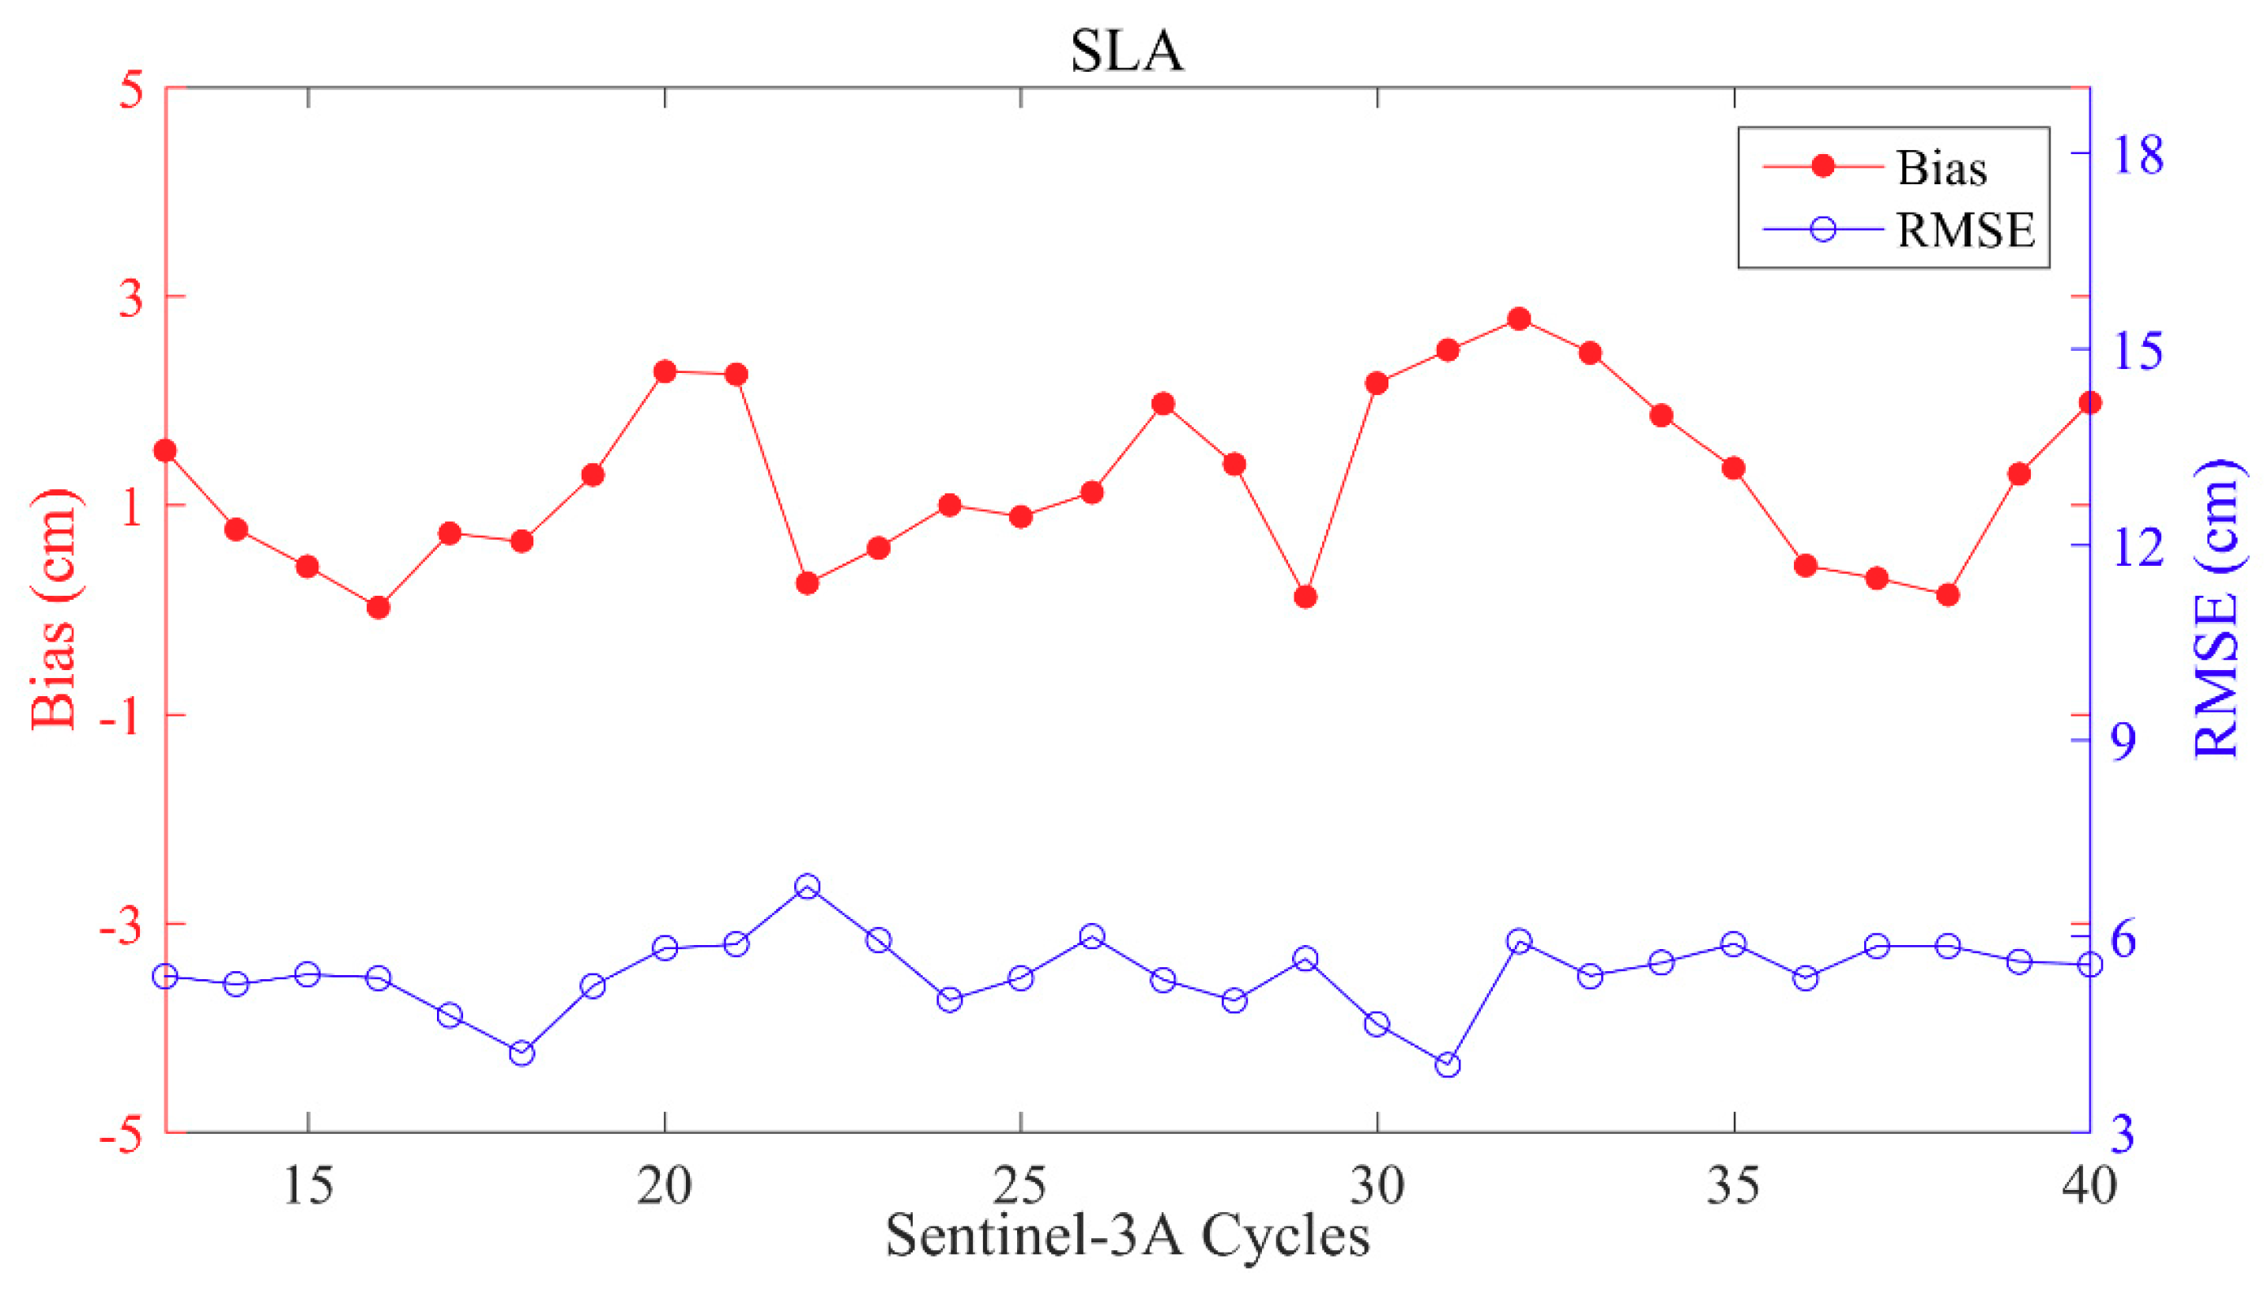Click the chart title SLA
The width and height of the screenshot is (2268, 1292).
(x=1126, y=51)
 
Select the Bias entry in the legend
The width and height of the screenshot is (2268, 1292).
(x=1941, y=168)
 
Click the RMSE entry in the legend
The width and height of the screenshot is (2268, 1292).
(x=1965, y=230)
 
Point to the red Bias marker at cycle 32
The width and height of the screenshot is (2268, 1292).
(x=1518, y=318)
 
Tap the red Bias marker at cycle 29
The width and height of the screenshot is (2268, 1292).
(x=1305, y=597)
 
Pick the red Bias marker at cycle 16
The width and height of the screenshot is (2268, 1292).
(x=378, y=608)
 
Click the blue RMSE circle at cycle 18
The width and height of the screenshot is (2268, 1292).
(x=522, y=1053)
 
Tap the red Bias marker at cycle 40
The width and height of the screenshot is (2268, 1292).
(x=2089, y=403)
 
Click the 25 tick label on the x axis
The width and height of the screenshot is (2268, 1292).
(x=1020, y=1185)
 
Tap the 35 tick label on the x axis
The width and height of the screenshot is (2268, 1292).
(x=1732, y=1185)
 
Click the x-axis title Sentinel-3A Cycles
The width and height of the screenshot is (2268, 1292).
(x=1126, y=1236)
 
